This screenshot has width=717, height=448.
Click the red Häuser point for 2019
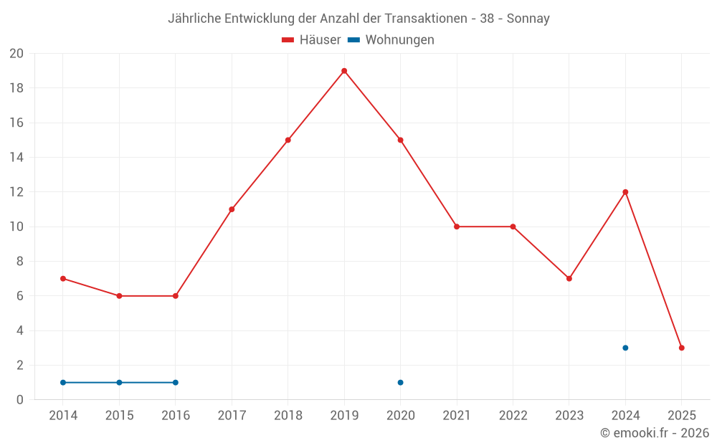pos(344,71)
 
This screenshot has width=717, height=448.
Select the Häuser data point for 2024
pos(625,192)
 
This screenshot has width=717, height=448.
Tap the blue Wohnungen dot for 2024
pos(625,348)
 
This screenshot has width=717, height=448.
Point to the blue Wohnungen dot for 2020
pos(400,382)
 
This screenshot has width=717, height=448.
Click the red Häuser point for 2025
pos(681,348)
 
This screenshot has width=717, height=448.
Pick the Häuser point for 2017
pos(232,209)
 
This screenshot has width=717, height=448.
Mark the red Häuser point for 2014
pos(63,278)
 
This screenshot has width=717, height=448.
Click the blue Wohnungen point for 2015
pos(119,382)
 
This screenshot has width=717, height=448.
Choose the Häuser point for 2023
pos(569,278)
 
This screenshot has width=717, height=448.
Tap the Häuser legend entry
pos(312,40)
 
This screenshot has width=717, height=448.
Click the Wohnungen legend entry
pos(391,40)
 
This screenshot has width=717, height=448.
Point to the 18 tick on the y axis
pos(16,88)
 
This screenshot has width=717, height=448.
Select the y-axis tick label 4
pos(20,330)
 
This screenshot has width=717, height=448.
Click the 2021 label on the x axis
pos(457,416)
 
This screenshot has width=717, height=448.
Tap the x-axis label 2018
pos(288,416)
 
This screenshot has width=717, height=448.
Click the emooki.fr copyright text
pos(655,433)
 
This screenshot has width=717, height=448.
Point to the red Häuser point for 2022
pos(513,227)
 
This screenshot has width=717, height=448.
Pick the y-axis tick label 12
pos(16,192)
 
